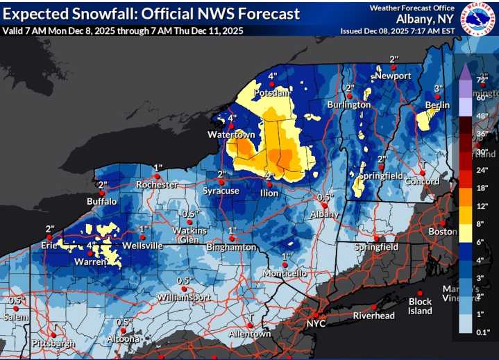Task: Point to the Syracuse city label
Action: tap(221, 191)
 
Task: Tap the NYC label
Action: tap(316, 323)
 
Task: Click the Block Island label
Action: tap(420, 306)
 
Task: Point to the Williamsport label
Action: tap(183, 296)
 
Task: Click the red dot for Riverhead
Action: tap(373, 306)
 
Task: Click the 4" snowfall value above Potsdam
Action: tap(272, 76)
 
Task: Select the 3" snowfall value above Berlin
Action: tap(438, 89)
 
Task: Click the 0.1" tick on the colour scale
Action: tap(482, 333)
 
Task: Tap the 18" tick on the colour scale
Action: tap(482, 188)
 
